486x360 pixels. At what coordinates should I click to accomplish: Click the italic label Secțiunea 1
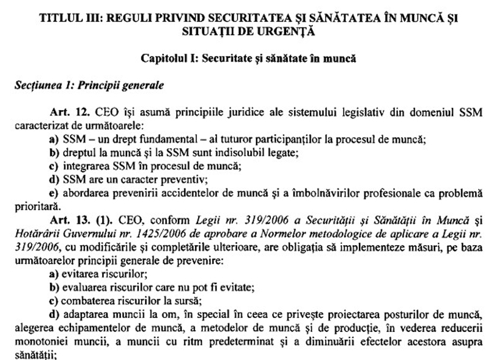coord(39,85)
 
